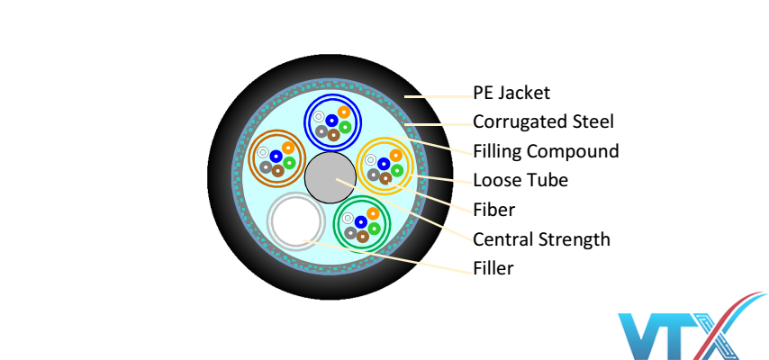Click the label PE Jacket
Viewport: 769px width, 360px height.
(x=511, y=93)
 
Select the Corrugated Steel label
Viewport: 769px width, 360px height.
(x=543, y=121)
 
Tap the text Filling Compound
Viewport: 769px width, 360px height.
(x=546, y=150)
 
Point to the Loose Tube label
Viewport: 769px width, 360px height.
(x=520, y=180)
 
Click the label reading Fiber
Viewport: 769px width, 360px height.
(x=493, y=210)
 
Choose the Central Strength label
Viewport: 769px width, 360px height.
(x=541, y=239)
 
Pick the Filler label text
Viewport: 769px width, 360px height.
(x=493, y=268)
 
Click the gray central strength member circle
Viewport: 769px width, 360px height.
(x=331, y=178)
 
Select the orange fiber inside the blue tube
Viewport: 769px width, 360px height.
(x=343, y=113)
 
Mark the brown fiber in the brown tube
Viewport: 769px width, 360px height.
(x=277, y=170)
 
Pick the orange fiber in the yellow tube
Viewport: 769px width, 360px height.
(x=396, y=156)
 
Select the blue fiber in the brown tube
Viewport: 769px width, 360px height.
(x=276, y=157)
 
